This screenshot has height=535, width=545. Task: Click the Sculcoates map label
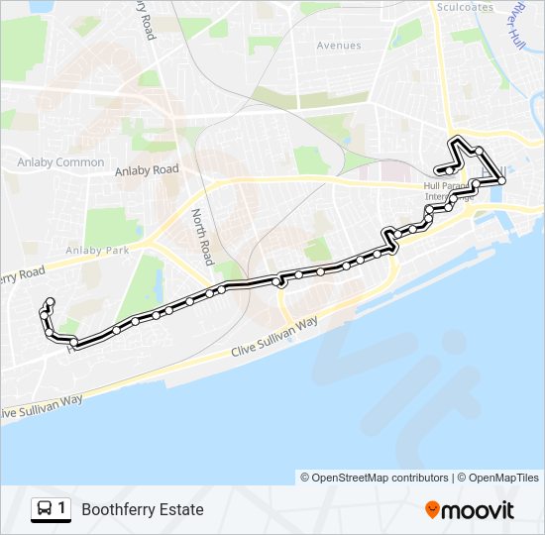click(x=465, y=7)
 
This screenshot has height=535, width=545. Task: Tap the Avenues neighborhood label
click(x=339, y=46)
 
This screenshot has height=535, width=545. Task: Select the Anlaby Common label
click(x=60, y=162)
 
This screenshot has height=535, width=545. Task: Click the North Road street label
click(x=202, y=237)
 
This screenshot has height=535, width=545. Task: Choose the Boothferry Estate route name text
click(x=143, y=510)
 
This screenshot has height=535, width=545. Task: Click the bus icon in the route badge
click(x=45, y=510)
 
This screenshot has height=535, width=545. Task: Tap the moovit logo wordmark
click(x=479, y=510)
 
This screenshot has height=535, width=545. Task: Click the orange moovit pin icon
click(x=432, y=510)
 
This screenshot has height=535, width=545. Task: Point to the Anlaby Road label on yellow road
click(x=147, y=170)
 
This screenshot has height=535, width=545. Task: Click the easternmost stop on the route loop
click(x=502, y=181)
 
